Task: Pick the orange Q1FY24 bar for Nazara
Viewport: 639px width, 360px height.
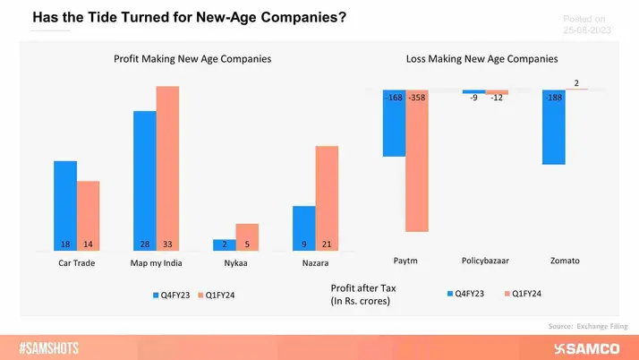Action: (327, 198)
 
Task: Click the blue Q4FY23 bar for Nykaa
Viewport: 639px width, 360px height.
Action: (224, 244)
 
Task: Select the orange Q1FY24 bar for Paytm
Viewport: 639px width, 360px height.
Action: (417, 161)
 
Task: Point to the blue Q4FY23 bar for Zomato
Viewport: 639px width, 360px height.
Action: (553, 128)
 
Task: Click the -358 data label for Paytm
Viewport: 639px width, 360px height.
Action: (417, 98)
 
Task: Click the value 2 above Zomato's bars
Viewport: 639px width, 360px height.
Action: (575, 83)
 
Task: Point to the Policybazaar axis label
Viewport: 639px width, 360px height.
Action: (485, 261)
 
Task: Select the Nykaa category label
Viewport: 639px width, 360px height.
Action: (235, 263)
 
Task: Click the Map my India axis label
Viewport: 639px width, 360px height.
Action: (156, 263)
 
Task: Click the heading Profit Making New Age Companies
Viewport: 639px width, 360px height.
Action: (192, 58)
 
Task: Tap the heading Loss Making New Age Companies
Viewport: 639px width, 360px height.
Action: (481, 58)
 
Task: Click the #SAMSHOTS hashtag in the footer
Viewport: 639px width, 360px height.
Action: (55, 347)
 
